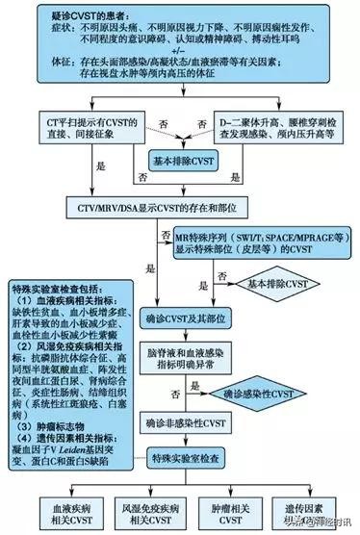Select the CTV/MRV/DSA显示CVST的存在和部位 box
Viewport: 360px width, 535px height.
tap(179, 205)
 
